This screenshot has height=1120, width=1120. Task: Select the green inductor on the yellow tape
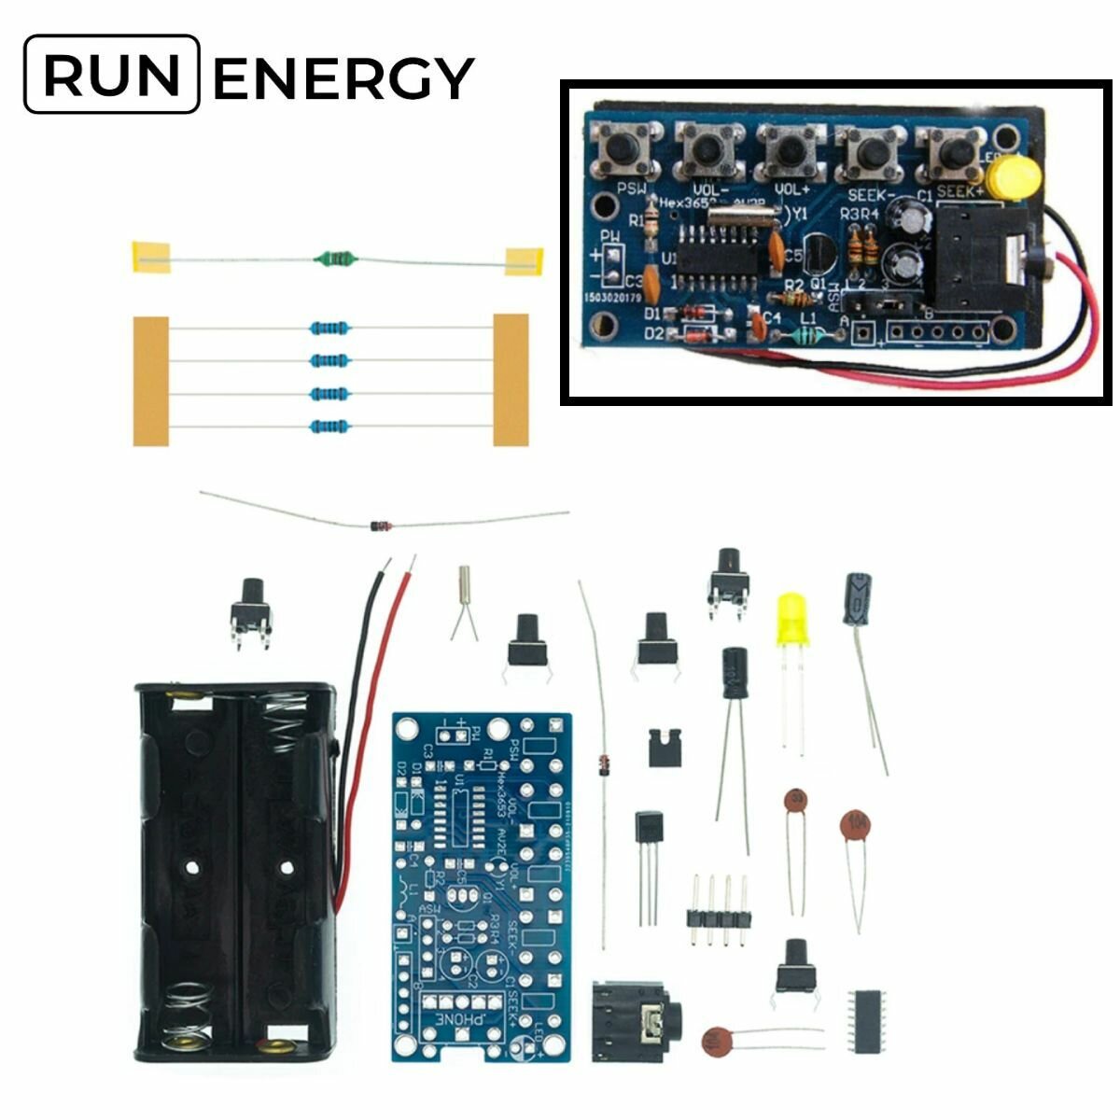pos(336,256)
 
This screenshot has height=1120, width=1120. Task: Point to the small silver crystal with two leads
pos(464,588)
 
